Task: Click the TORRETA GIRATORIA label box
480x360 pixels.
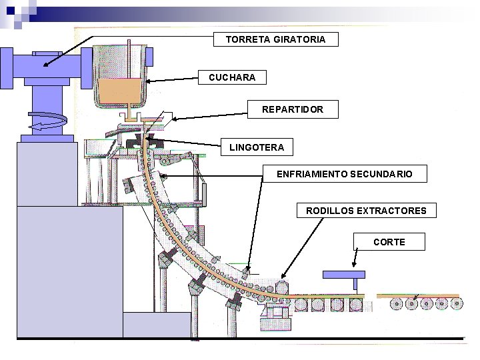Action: (275, 39)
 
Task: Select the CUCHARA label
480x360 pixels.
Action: (232, 78)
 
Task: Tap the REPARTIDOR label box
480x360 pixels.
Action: (293, 109)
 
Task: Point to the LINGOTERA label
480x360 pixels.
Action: (257, 147)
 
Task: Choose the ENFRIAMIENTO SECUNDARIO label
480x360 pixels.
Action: (345, 174)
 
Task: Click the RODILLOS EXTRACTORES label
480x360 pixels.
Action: (366, 211)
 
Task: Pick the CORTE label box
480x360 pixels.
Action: (389, 241)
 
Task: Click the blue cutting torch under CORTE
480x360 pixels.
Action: (344, 275)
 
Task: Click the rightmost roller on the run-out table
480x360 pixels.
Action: (457, 304)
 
